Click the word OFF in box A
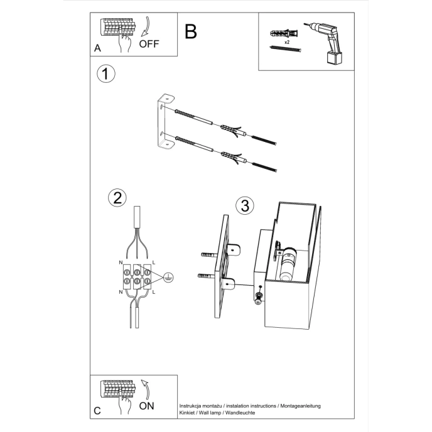tap(149, 44)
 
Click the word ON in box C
tap(146, 406)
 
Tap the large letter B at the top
tap(191, 31)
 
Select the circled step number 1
tap(106, 73)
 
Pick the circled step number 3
tap(245, 205)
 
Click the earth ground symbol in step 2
tap(168, 276)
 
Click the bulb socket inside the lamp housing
tap(288, 265)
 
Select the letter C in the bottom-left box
tap(97, 411)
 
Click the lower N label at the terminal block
tap(121, 293)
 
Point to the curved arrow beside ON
tap(145, 388)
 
